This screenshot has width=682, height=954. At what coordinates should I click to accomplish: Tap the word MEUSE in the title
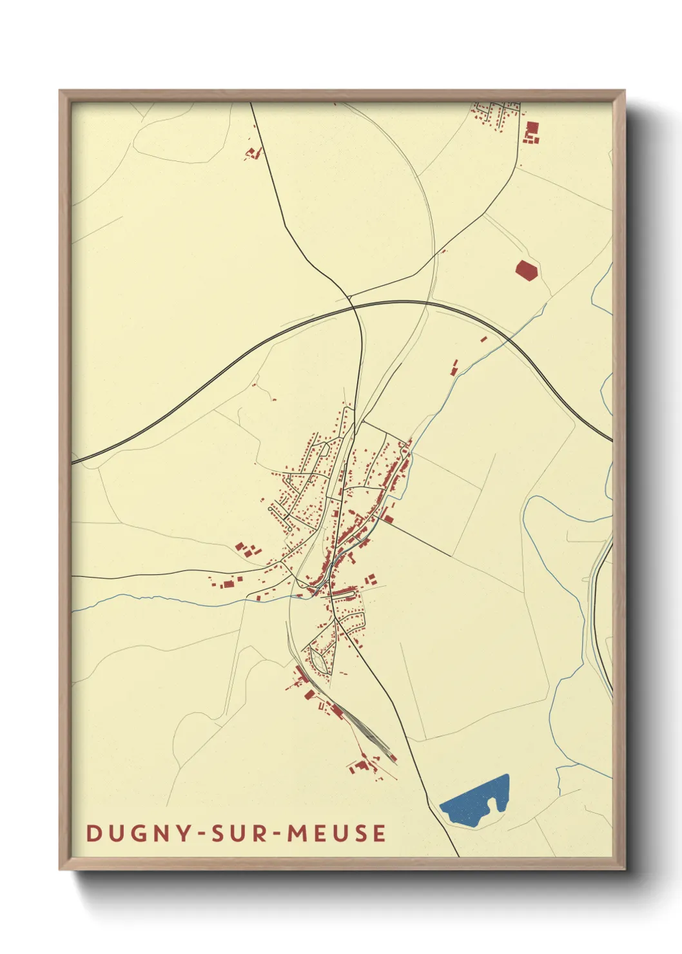click(336, 833)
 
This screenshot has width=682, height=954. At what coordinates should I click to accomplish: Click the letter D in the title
click(94, 833)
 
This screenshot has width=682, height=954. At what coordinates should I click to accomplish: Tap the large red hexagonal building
click(527, 271)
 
